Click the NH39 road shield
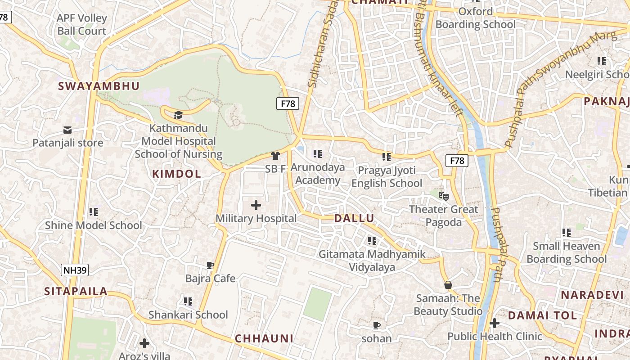point(75,270)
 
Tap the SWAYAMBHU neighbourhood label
point(99,86)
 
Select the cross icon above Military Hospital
point(256,206)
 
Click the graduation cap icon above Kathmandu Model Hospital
point(178,115)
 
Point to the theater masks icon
point(444,196)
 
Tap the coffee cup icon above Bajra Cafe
point(210,265)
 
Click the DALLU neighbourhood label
point(354,219)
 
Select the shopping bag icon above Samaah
point(448,285)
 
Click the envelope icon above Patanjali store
point(67,130)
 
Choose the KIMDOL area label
point(176,174)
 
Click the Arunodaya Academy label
point(318,174)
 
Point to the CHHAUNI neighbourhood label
point(264,339)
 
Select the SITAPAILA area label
point(76,292)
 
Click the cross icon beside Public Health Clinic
point(495,323)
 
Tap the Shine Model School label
point(94,225)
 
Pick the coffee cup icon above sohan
point(377,325)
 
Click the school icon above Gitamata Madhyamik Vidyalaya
point(372,241)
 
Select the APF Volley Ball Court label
point(82,25)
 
